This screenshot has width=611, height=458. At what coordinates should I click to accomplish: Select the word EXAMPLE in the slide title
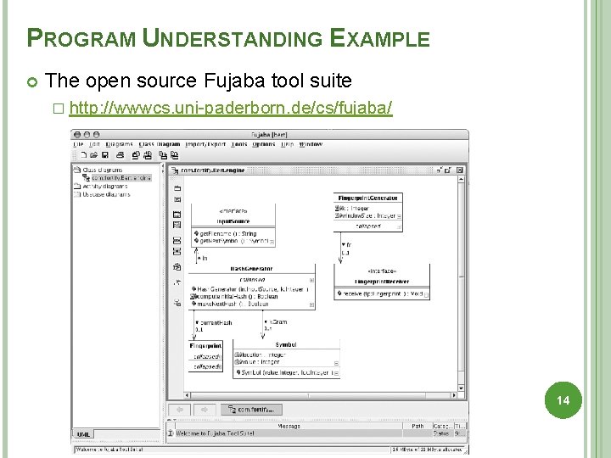[379, 38]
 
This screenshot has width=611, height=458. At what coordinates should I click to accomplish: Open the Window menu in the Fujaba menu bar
[311, 144]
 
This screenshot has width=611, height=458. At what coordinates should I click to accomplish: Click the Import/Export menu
[205, 144]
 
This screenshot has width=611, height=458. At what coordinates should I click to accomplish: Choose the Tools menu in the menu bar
[238, 144]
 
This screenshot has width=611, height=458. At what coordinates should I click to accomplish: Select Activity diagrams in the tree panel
[105, 187]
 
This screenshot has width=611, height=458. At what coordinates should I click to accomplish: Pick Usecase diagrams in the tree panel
[105, 194]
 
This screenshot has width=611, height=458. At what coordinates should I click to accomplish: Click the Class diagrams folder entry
[103, 170]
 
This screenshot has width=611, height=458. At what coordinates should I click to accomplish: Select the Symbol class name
[286, 345]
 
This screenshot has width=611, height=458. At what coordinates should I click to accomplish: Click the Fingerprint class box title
[206, 346]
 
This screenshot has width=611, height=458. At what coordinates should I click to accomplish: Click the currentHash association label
[214, 322]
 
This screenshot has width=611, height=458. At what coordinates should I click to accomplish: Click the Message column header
[289, 426]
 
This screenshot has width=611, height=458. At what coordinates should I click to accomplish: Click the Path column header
[418, 426]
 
